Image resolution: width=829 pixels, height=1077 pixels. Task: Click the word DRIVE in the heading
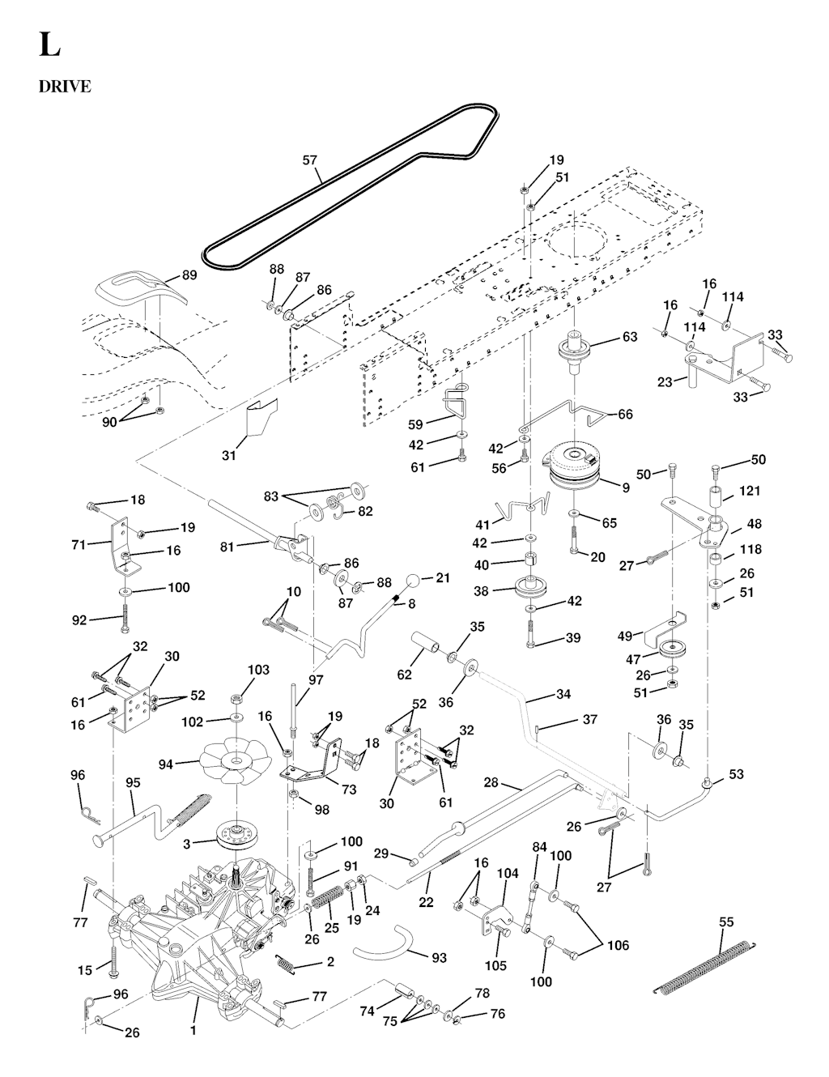pos(65,87)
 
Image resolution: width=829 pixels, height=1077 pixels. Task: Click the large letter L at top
pos(49,45)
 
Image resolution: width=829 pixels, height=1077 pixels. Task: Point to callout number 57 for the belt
pos(310,160)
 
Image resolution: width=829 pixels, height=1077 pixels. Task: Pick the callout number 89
pos(189,275)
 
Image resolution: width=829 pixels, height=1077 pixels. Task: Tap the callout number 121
pos(749,492)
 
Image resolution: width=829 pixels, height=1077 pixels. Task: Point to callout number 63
pos(630,338)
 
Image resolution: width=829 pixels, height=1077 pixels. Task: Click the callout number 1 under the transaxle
pos(193,1031)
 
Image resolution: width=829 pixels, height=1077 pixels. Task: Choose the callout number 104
pos(507,874)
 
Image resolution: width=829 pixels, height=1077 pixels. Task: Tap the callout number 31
pos(229,456)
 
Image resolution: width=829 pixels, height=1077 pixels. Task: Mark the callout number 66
pos(625,414)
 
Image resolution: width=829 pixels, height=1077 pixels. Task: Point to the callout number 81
pos(227,547)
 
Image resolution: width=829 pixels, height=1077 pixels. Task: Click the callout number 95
pos(133,784)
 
